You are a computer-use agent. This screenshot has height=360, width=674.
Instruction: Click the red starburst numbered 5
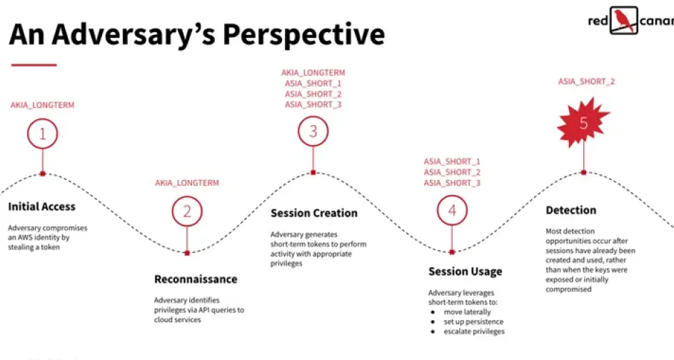pyautogui.click(x=583, y=123)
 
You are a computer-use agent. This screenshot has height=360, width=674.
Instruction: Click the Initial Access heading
pyautogui.click(x=41, y=207)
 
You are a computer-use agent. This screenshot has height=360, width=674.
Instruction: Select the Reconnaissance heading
pyautogui.click(x=196, y=279)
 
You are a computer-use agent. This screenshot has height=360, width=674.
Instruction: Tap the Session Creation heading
pyautogui.click(x=313, y=213)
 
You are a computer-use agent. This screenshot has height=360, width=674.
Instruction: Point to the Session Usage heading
pyautogui.click(x=465, y=271)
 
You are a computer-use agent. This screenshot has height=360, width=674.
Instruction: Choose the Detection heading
pyautogui.click(x=571, y=210)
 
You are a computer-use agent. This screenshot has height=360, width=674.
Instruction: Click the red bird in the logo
pyautogui.click(x=624, y=20)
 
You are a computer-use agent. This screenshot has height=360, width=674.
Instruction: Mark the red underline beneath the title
pyautogui.click(x=34, y=65)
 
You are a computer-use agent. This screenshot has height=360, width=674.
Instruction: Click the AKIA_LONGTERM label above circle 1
pyautogui.click(x=43, y=105)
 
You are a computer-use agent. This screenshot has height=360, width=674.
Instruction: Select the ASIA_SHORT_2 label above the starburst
pyautogui.click(x=587, y=81)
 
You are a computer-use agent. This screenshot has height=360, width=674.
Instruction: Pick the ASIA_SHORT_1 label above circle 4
pyautogui.click(x=452, y=161)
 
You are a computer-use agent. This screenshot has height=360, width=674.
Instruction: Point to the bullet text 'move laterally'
pyautogui.click(x=467, y=312)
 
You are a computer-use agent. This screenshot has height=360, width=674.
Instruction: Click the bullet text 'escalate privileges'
pyautogui.click(x=474, y=331)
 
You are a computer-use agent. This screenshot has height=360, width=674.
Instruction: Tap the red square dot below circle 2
pyautogui.click(x=187, y=254)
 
